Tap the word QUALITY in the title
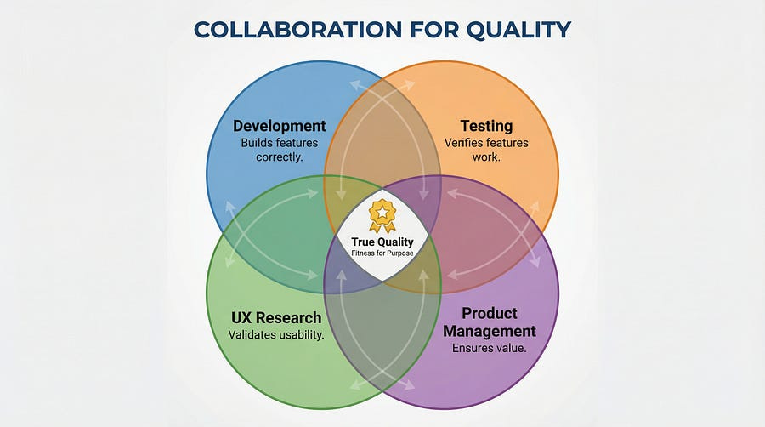coord(519,30)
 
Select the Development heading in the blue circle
coord(280,126)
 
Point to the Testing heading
coord(486,126)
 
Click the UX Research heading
coord(276,318)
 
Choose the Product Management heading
coord(490,322)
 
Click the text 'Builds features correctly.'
coord(280,150)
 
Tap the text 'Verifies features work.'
coord(486,150)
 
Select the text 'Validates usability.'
coord(276,335)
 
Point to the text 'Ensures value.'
coord(490,348)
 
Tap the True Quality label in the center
coord(382,242)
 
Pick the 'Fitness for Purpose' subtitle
coord(382,253)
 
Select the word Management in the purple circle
coord(490,331)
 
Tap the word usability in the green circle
coord(297,335)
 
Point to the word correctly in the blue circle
coord(280,157)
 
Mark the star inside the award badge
coord(382,210)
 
